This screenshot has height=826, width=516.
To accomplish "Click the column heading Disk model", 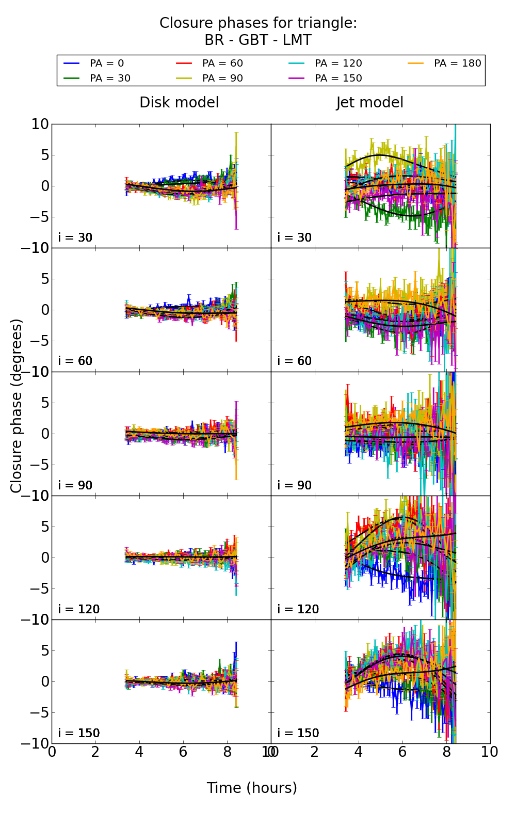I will [x=179, y=103].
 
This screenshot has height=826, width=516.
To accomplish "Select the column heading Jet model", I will [x=369, y=103].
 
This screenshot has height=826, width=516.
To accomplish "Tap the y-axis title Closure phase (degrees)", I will [x=17, y=406].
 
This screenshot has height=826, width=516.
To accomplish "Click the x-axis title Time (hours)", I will [x=252, y=788].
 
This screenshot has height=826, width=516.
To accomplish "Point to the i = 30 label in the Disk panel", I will [x=75, y=237].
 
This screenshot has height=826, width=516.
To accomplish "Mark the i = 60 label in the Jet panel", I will [x=295, y=361].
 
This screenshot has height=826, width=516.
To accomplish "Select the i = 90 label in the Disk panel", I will [x=75, y=485].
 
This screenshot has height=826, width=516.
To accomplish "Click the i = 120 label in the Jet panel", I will [x=298, y=609].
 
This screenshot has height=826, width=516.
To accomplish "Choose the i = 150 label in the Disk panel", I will [x=78, y=733].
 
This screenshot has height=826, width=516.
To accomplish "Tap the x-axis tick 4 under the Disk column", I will [x=139, y=752].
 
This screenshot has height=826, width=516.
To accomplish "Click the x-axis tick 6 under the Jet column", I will [x=402, y=752].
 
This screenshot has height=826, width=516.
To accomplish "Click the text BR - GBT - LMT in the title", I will [x=258, y=40].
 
